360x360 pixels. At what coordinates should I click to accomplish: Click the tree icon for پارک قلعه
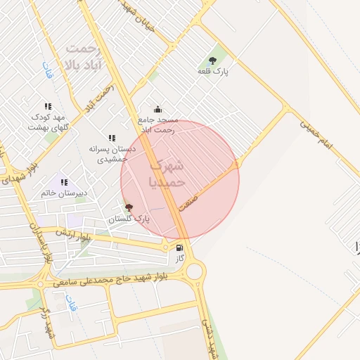[213, 60]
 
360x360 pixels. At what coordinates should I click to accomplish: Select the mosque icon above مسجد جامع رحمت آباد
[157, 109]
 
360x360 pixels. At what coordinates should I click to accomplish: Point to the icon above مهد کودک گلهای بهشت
[48, 106]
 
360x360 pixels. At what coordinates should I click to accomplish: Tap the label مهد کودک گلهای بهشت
[47, 122]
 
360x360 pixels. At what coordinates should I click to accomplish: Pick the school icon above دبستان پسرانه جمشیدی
[111, 138]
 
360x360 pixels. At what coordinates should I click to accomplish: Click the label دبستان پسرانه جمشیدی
[110, 154]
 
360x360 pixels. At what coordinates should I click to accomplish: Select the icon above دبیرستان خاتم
[64, 182]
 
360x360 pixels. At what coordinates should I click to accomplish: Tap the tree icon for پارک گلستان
[128, 207]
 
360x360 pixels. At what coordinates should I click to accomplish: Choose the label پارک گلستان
[129, 219]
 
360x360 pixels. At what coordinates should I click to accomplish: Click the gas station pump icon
[180, 248]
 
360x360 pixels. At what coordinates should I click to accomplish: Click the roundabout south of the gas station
[194, 270]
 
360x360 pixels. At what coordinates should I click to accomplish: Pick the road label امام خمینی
[320, 135]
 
